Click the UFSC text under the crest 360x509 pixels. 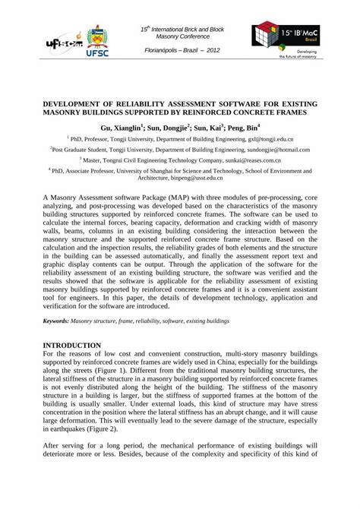click(99, 55)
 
